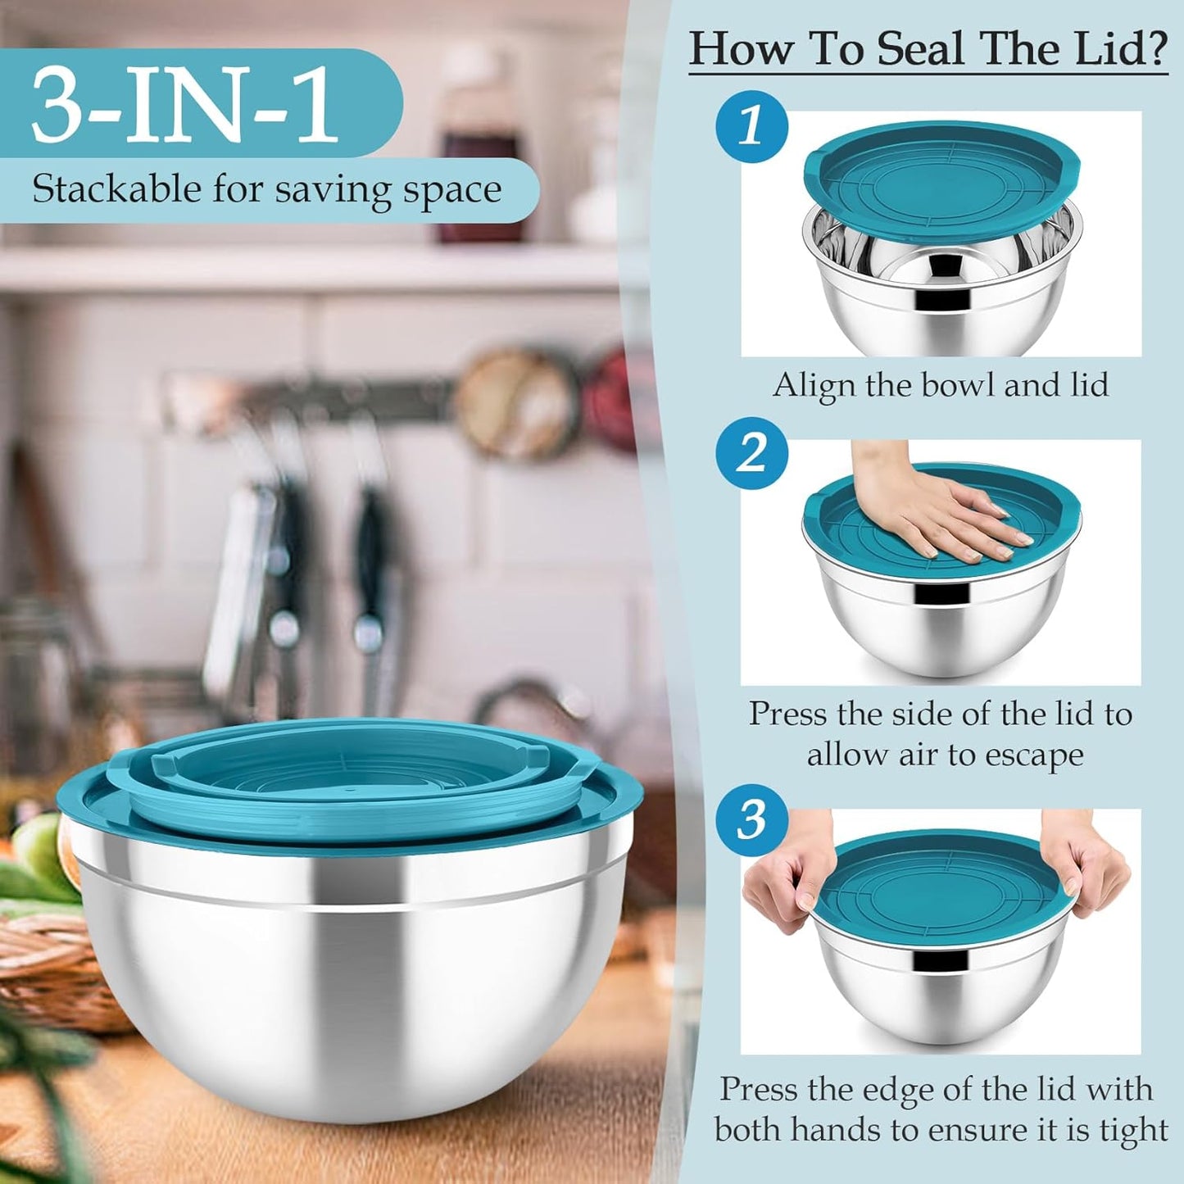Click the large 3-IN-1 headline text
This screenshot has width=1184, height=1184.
[x=184, y=105]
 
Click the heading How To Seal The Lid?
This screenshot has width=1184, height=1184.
[x=928, y=49]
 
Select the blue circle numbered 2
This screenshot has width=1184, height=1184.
[x=751, y=453]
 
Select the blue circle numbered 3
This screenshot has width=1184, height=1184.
[x=751, y=819]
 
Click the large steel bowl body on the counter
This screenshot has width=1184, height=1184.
[x=352, y=1000]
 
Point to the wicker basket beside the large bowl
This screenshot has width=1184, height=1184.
[x=49, y=967]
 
